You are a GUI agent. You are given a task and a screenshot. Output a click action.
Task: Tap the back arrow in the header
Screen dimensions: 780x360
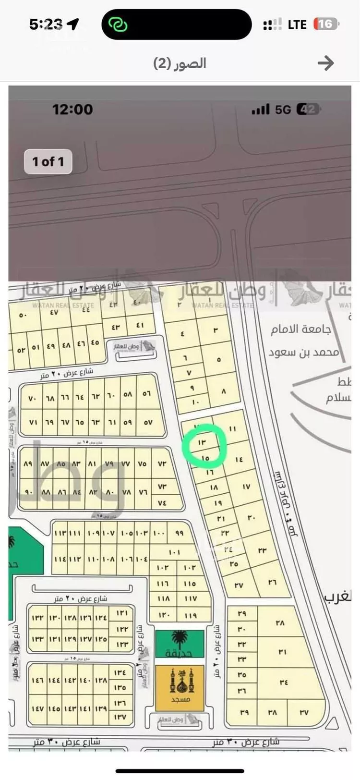point(326,63)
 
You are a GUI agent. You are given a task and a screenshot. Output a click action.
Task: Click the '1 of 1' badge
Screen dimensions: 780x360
point(48,162)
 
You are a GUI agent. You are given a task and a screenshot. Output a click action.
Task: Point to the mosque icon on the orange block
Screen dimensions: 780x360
point(180,682)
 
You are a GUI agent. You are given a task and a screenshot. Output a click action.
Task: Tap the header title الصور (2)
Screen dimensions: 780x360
point(180,63)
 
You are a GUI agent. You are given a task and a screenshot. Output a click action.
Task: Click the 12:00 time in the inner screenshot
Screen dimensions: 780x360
point(72,110)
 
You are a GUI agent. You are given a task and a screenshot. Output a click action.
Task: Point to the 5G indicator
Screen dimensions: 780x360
point(283,110)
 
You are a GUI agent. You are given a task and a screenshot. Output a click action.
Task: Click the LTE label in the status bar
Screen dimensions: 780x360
point(297,24)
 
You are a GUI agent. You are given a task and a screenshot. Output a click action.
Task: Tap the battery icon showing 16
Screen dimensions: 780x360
point(325,24)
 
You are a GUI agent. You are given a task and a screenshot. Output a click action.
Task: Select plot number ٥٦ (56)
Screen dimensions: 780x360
point(146,394)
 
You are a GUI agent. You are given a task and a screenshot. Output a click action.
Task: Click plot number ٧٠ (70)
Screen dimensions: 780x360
point(32,399)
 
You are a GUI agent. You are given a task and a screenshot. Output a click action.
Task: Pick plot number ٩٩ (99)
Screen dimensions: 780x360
point(180,533)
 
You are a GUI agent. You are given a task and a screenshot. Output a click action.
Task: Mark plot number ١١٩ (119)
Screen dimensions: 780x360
point(191,615)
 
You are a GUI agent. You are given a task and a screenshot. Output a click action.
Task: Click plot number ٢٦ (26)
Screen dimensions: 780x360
point(272,582)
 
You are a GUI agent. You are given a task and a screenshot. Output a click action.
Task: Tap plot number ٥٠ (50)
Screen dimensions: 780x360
point(23,316)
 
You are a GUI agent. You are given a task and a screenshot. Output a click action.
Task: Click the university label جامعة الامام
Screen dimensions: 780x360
point(300,329)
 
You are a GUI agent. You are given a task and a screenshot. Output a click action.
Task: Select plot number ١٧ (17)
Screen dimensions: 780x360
point(246,487)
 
